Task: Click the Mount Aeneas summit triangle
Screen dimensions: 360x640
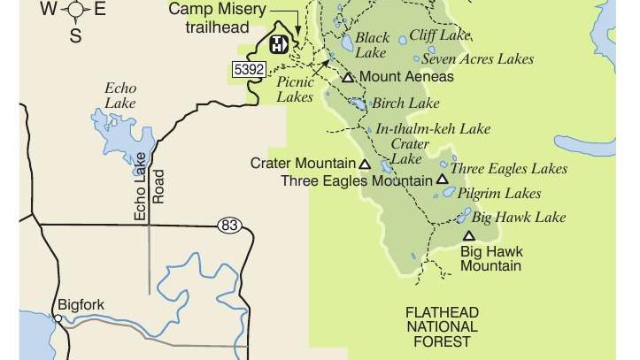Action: pos(348,78)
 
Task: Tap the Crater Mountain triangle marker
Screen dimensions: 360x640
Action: pos(364,164)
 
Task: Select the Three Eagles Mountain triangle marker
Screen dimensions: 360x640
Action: pos(442,180)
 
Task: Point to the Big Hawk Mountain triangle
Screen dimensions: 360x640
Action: pos(468,235)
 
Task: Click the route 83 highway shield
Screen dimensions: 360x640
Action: pos(228,226)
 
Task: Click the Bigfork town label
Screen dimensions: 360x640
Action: pos(81,305)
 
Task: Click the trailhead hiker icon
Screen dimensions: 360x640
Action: pos(277,44)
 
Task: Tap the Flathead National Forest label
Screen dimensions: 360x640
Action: pos(442,326)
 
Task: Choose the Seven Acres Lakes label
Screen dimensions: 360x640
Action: pos(477,59)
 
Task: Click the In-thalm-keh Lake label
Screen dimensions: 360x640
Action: pos(433,128)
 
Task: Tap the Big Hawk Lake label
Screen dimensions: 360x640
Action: pos(518,217)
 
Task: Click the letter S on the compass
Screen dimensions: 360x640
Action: pos(75,36)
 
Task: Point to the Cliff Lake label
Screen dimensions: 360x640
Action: pos(439,36)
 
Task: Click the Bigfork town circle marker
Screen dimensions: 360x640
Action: pos(58,318)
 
